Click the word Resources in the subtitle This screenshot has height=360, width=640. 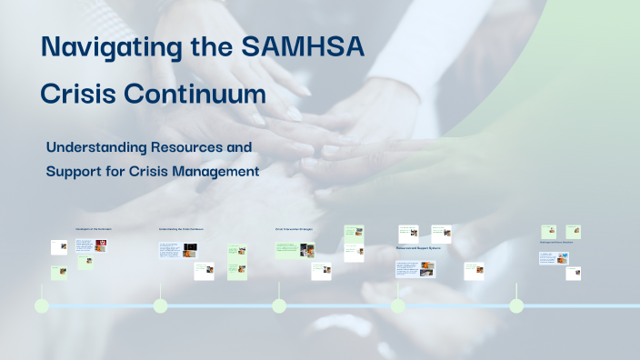pos(214,146)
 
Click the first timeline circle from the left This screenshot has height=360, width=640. pos(42,306)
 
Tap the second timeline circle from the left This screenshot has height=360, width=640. pos(160,306)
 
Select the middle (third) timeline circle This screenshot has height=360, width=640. pos(279,306)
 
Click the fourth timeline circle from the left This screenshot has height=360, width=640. pos(398,306)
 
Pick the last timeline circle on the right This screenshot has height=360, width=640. pos(516,306)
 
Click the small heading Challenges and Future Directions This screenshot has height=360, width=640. pos(556,243)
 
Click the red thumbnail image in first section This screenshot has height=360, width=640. pos(100,245)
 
